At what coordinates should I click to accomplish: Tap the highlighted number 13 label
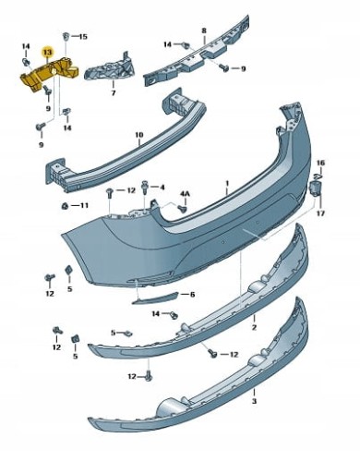[x=48, y=53]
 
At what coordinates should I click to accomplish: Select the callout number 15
[x=82, y=37]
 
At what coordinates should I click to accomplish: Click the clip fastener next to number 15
[x=66, y=37]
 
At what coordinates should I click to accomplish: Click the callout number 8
[x=204, y=30]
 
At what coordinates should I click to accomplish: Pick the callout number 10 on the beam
[x=139, y=135]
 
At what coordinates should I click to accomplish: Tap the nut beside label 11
[x=65, y=205]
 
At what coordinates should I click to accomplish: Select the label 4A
[x=185, y=194]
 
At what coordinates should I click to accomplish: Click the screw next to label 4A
[x=184, y=209]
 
